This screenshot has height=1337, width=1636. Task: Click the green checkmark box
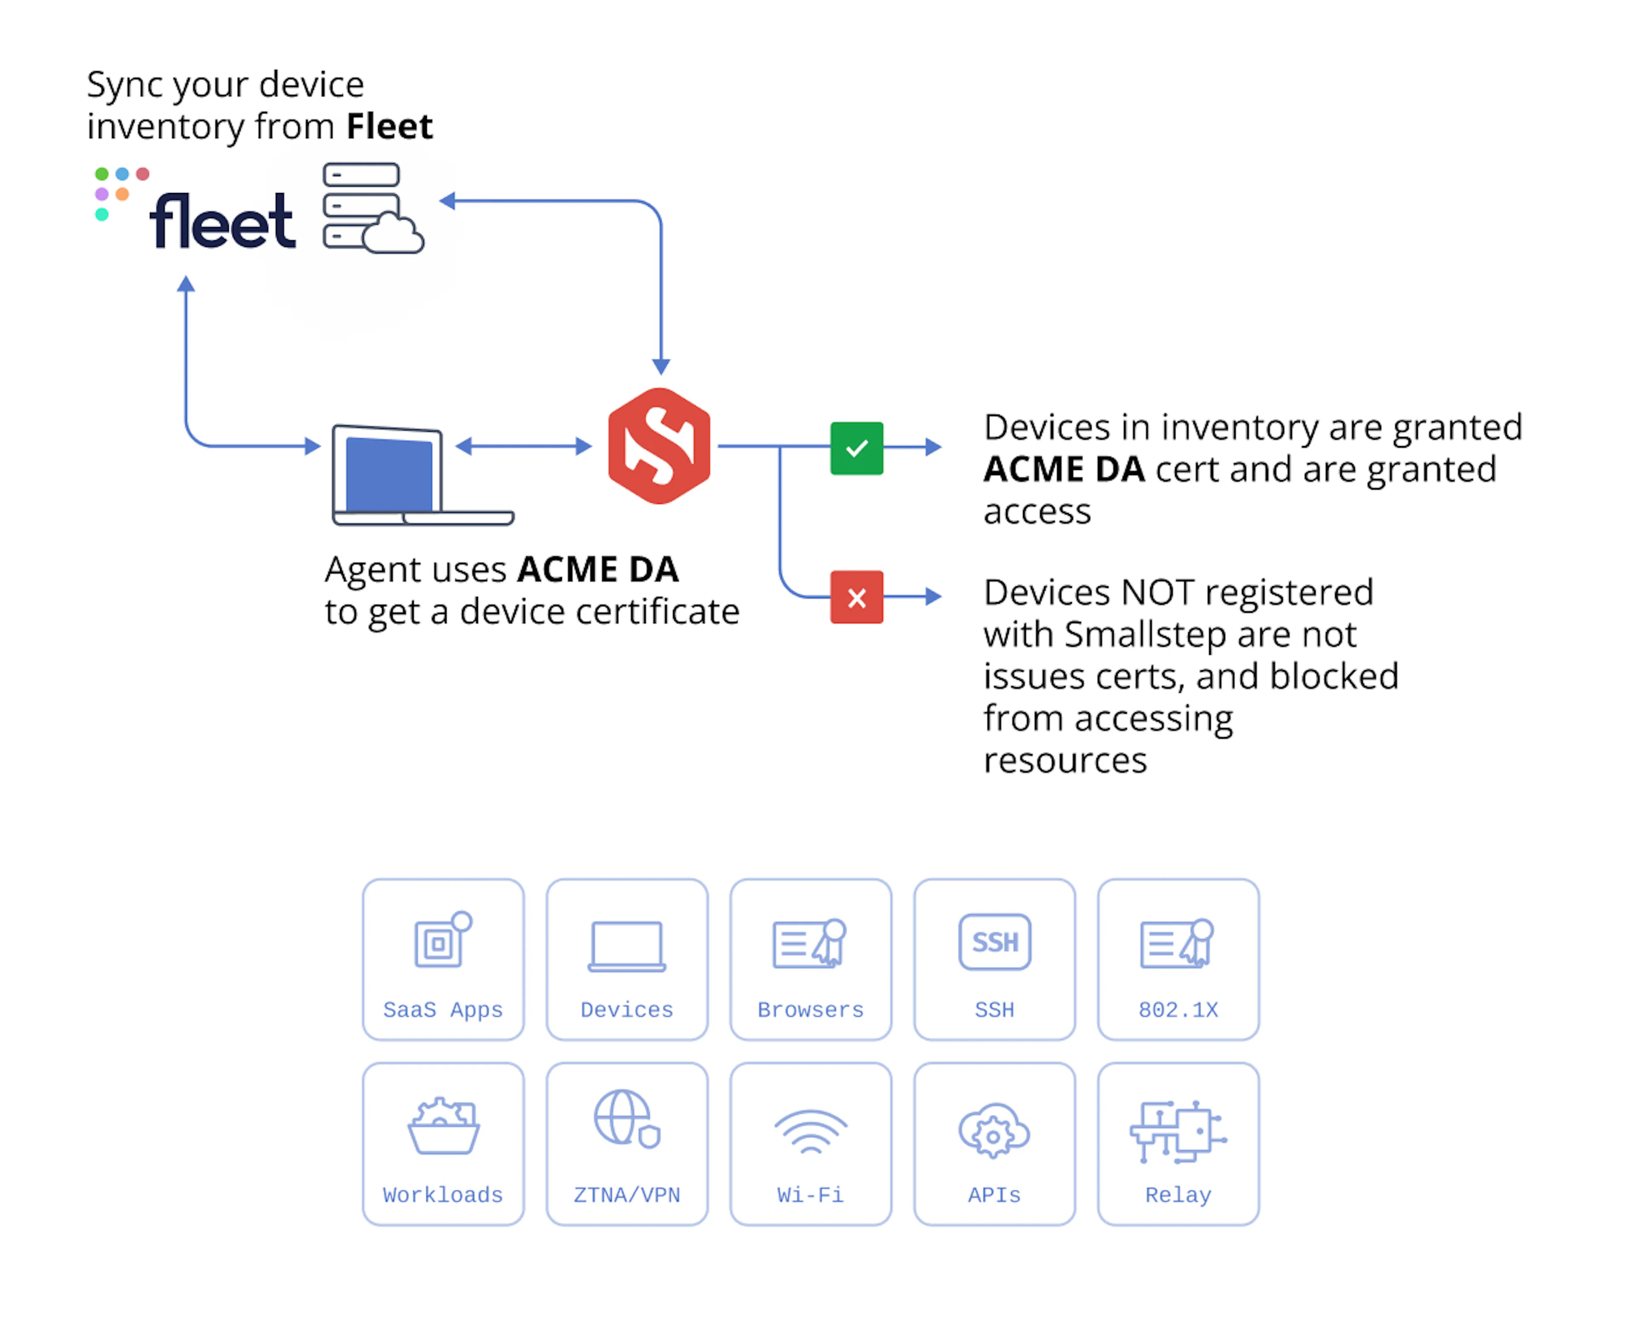click(x=856, y=448)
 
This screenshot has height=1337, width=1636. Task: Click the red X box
click(x=856, y=597)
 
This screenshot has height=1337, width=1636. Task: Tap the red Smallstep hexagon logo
click(x=660, y=446)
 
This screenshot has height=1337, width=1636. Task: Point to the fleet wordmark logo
click(x=222, y=221)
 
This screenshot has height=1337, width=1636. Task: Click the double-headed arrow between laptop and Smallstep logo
click(x=524, y=446)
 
